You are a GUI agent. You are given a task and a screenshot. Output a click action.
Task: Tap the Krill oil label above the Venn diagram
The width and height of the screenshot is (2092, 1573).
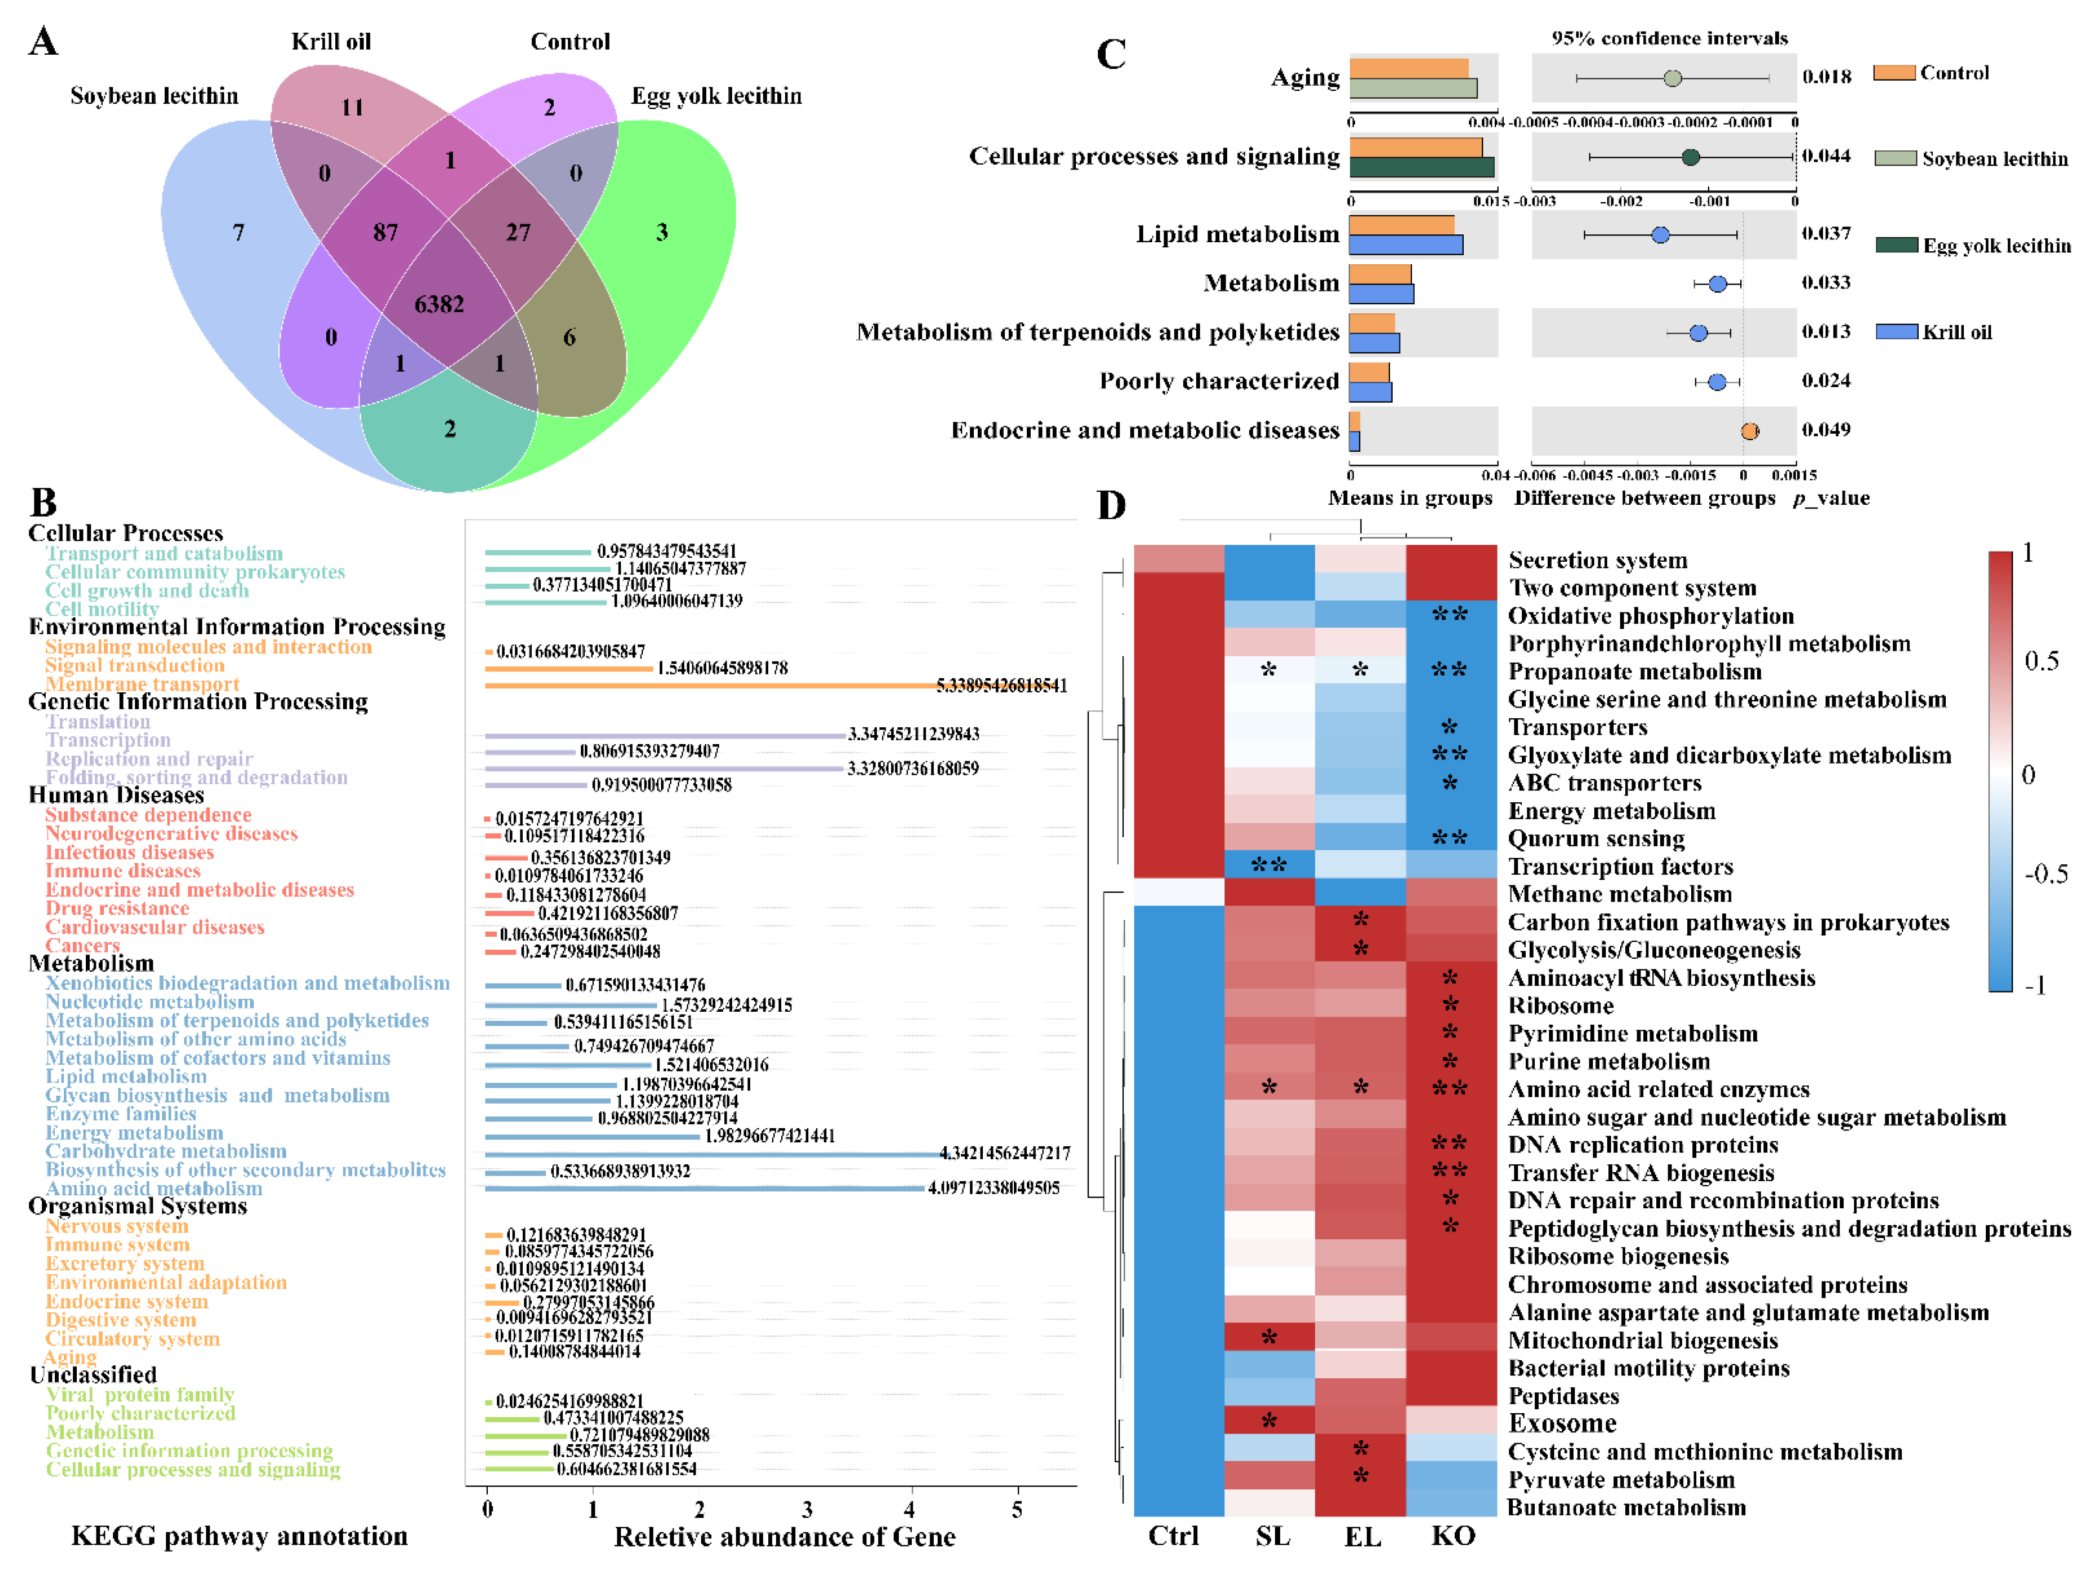coord(331,42)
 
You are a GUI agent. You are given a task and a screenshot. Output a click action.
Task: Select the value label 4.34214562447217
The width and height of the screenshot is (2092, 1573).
coord(1004,1153)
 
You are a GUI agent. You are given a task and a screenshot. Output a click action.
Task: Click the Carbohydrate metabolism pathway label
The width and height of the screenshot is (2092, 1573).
coord(165,1151)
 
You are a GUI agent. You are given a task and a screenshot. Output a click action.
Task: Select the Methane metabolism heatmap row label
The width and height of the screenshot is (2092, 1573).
coord(1619,894)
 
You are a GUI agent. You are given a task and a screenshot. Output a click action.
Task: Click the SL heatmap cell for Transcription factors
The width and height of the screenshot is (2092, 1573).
coord(1269,866)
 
